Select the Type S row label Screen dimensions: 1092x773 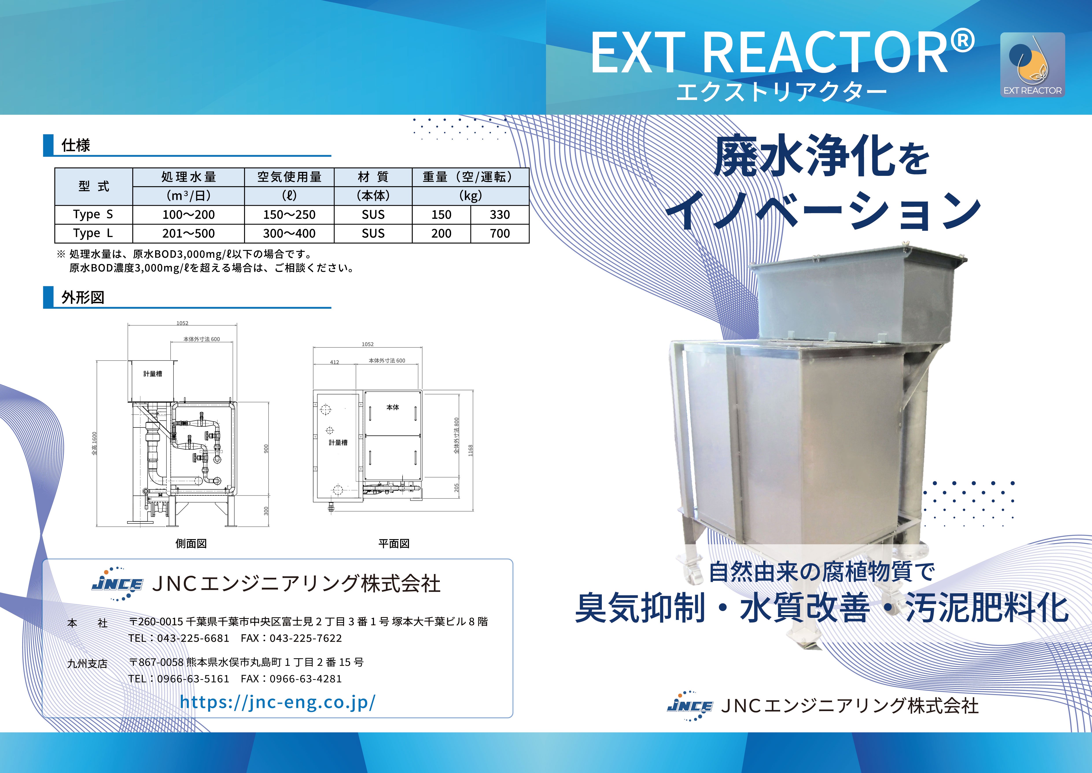93,215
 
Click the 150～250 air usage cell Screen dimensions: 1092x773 289,215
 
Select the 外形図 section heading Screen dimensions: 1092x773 83,297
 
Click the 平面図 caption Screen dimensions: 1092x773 394,544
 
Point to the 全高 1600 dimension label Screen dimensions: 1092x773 94,444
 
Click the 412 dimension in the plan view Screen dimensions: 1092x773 334,362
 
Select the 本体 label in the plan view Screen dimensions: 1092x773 393,407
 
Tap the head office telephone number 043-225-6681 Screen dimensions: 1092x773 193,638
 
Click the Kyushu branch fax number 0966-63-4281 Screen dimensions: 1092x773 306,679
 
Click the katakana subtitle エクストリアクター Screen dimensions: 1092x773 781,92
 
